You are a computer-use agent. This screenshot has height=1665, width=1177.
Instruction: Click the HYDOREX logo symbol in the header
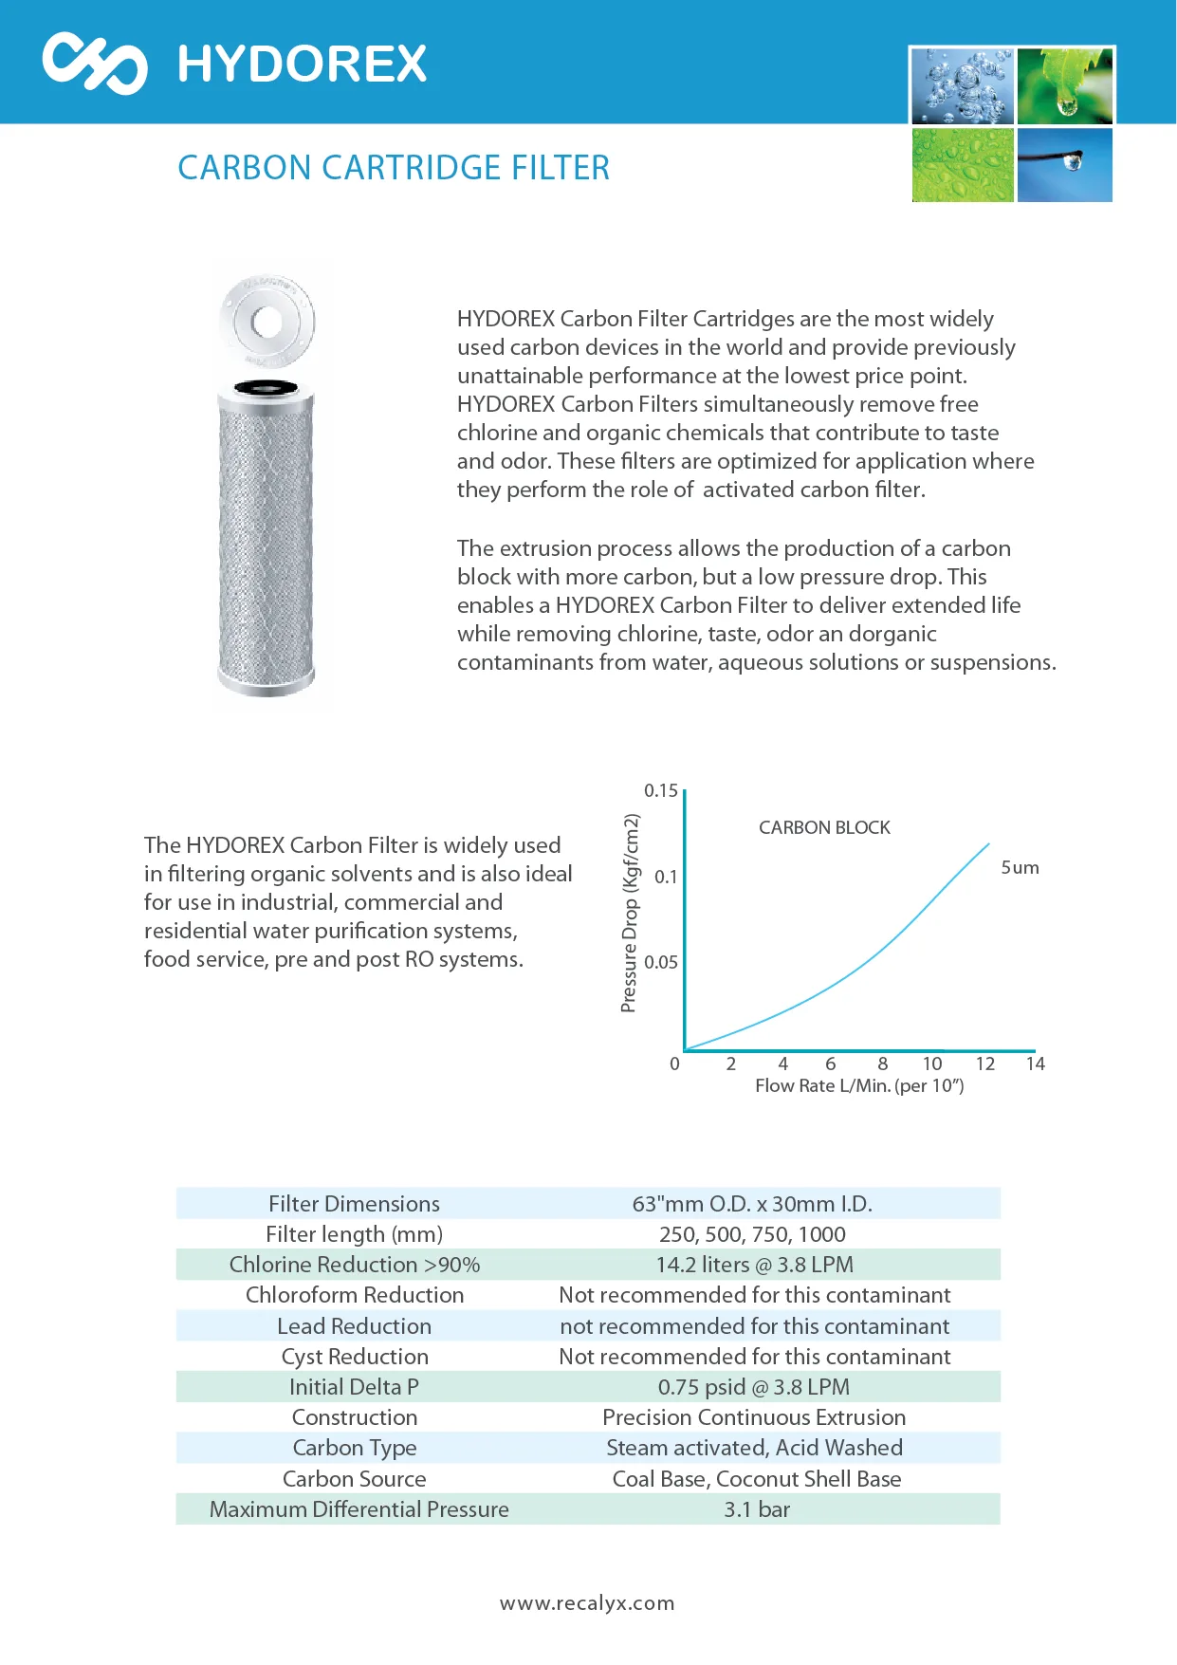(x=95, y=63)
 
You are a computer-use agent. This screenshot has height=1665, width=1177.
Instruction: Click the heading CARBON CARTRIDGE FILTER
(x=394, y=168)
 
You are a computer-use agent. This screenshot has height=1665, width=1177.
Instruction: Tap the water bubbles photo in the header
(x=963, y=86)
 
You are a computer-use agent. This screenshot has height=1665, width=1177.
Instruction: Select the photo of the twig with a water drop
(x=1064, y=165)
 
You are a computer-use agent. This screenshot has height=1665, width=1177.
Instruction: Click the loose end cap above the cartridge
(x=267, y=322)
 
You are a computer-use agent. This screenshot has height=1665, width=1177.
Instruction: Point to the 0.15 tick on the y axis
(x=661, y=791)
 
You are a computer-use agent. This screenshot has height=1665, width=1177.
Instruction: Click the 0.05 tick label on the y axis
(x=661, y=962)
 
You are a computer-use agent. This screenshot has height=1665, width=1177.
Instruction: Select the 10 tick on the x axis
(x=932, y=1064)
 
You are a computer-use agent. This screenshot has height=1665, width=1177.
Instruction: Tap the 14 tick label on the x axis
(x=1035, y=1064)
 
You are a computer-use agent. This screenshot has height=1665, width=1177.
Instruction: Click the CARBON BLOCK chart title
(x=824, y=827)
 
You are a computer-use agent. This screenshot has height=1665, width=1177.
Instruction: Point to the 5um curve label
(x=1020, y=867)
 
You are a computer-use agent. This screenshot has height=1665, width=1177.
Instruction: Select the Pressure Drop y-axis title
(x=630, y=913)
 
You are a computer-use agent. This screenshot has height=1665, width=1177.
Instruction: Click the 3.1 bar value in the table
(x=757, y=1509)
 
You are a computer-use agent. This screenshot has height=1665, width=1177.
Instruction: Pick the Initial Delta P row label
(x=354, y=1387)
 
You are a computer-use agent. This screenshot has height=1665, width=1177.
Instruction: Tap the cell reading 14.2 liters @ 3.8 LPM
(x=754, y=1265)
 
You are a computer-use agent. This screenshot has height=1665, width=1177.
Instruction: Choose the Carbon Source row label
(x=354, y=1479)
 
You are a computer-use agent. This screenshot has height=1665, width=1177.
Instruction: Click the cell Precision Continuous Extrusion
(x=754, y=1417)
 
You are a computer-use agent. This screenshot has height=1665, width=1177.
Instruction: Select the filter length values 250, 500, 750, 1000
(x=752, y=1234)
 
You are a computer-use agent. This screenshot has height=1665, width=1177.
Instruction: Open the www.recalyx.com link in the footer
(x=587, y=1603)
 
